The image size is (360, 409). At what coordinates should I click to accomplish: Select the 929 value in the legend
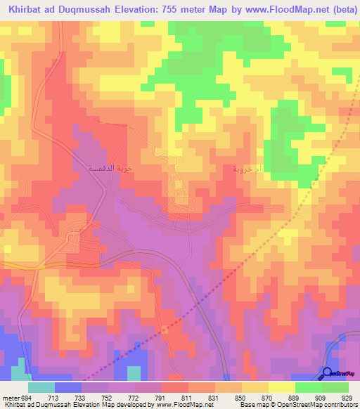346,397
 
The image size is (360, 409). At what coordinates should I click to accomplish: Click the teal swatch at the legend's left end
41,387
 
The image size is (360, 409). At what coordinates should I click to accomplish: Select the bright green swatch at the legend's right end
335,387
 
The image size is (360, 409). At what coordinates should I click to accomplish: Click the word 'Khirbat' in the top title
22,11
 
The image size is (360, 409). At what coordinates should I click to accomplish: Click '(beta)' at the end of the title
340,11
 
